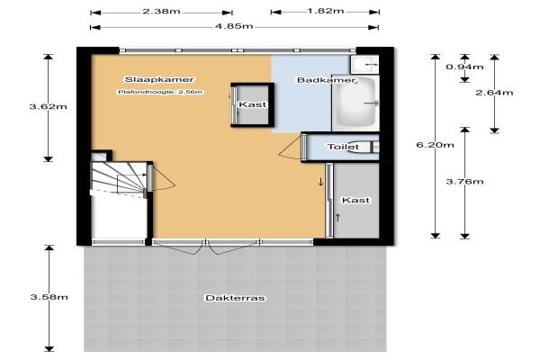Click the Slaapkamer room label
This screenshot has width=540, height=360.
159,79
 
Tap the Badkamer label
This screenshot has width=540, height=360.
326,80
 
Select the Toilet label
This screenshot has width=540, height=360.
343,147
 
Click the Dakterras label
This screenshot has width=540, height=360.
235,298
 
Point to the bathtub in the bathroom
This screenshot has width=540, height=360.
355,103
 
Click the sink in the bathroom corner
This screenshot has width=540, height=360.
364,65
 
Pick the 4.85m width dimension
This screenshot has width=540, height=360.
234,26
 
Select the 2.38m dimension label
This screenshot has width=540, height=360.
161,12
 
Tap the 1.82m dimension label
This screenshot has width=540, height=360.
326,11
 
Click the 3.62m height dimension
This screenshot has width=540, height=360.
49,106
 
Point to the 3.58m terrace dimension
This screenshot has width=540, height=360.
49,297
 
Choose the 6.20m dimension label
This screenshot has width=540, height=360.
436,145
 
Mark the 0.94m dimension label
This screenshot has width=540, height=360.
464,67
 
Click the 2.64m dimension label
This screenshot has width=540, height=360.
494,93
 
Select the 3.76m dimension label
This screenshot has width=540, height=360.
464,182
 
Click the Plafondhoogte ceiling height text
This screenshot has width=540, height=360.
160,92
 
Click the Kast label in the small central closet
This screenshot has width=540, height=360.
252,104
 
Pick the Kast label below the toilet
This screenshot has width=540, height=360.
355,200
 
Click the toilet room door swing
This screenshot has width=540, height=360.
291,148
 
